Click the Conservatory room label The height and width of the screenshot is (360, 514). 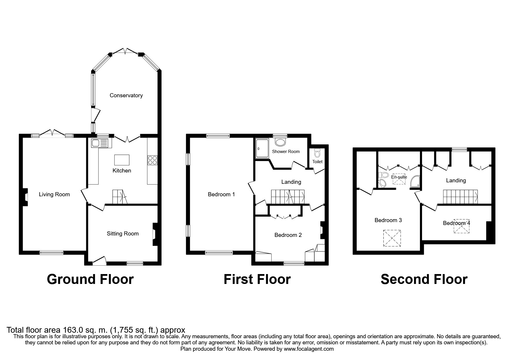[x=126, y=96]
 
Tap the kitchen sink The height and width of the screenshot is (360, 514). [x=99, y=143]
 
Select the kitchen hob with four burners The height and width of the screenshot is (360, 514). [x=153, y=160]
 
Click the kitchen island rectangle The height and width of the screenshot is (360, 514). [x=122, y=160]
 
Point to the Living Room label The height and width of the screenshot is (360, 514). [x=54, y=195]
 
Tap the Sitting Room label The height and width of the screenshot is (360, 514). [x=122, y=234]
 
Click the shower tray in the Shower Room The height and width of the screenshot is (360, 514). [x=262, y=148]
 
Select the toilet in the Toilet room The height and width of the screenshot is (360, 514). [x=317, y=153]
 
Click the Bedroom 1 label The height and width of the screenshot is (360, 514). [x=221, y=195]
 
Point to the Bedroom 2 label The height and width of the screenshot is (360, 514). [x=288, y=235]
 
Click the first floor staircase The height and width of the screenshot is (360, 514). [x=288, y=197]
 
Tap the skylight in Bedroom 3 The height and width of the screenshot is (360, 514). [x=392, y=238]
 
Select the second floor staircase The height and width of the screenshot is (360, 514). [x=460, y=197]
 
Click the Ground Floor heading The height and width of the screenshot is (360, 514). [x=90, y=279]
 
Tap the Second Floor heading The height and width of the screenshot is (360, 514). [x=424, y=279]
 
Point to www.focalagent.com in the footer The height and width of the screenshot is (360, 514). [x=309, y=349]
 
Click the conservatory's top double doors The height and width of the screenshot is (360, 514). [x=125, y=52]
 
